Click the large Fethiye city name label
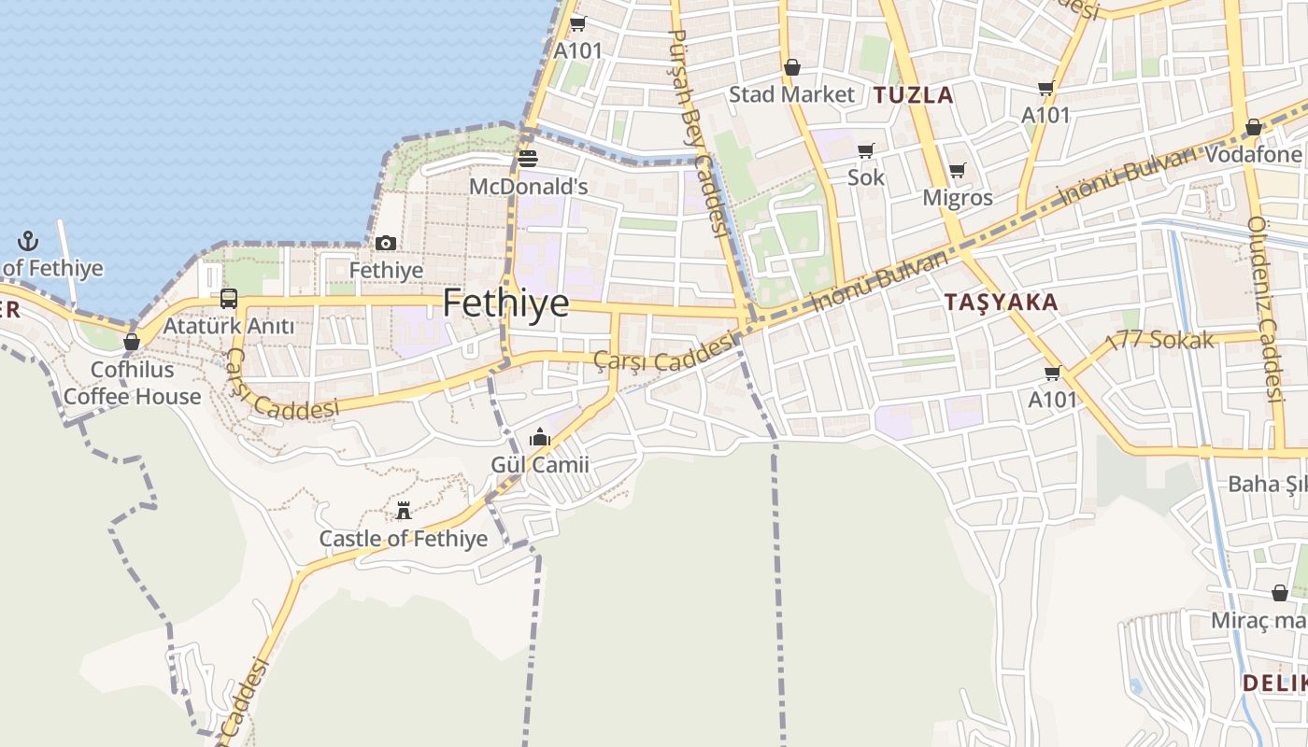(x=505, y=303)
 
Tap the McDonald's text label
(x=528, y=187)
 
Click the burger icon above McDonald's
(x=528, y=158)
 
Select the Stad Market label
(x=791, y=94)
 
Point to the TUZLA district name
(x=914, y=94)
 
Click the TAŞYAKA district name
(x=1001, y=303)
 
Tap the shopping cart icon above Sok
(x=866, y=150)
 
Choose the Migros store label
(x=958, y=198)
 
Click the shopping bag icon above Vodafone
(x=1254, y=127)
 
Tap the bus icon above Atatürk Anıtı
(x=229, y=299)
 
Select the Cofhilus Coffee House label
(x=132, y=383)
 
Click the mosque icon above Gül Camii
(x=540, y=437)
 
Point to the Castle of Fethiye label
(x=404, y=539)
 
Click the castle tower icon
(x=404, y=511)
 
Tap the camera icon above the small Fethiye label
(x=386, y=244)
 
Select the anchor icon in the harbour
(x=28, y=241)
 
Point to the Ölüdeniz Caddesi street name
(x=1265, y=308)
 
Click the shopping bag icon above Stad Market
(x=792, y=67)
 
